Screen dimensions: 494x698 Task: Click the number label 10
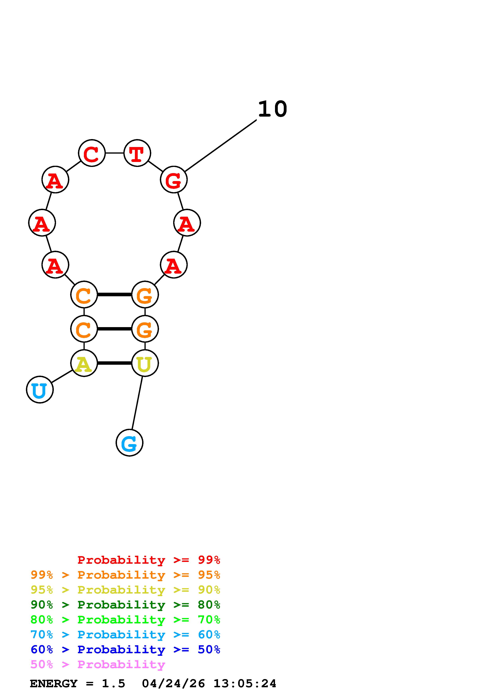(272, 109)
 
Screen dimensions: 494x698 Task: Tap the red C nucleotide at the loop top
(92, 153)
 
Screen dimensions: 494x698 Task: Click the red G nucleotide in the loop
(174, 180)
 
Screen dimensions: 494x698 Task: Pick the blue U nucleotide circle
(40, 390)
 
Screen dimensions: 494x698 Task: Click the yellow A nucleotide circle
(84, 363)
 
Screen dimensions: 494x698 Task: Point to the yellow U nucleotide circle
(145, 363)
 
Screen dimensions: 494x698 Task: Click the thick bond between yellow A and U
(114, 363)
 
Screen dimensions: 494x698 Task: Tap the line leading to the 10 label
(221, 146)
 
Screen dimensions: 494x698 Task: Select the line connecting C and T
(114, 153)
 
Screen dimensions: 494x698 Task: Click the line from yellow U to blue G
(137, 403)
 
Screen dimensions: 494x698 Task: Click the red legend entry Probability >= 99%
(148, 560)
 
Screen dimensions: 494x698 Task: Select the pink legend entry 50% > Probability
(98, 665)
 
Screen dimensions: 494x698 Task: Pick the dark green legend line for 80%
(125, 605)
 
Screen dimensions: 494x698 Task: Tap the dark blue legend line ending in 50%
(125, 650)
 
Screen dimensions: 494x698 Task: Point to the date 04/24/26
(173, 684)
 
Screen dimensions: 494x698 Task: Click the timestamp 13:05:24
(245, 684)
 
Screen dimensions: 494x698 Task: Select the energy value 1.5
(113, 684)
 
